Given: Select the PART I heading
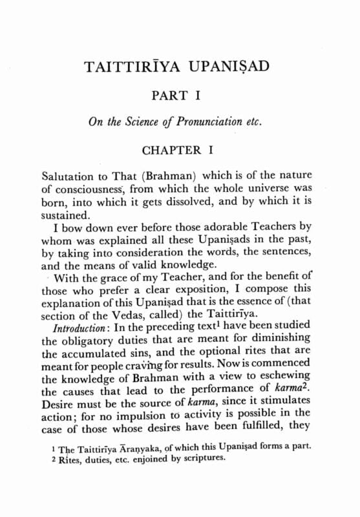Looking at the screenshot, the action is pyautogui.click(x=178, y=96).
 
